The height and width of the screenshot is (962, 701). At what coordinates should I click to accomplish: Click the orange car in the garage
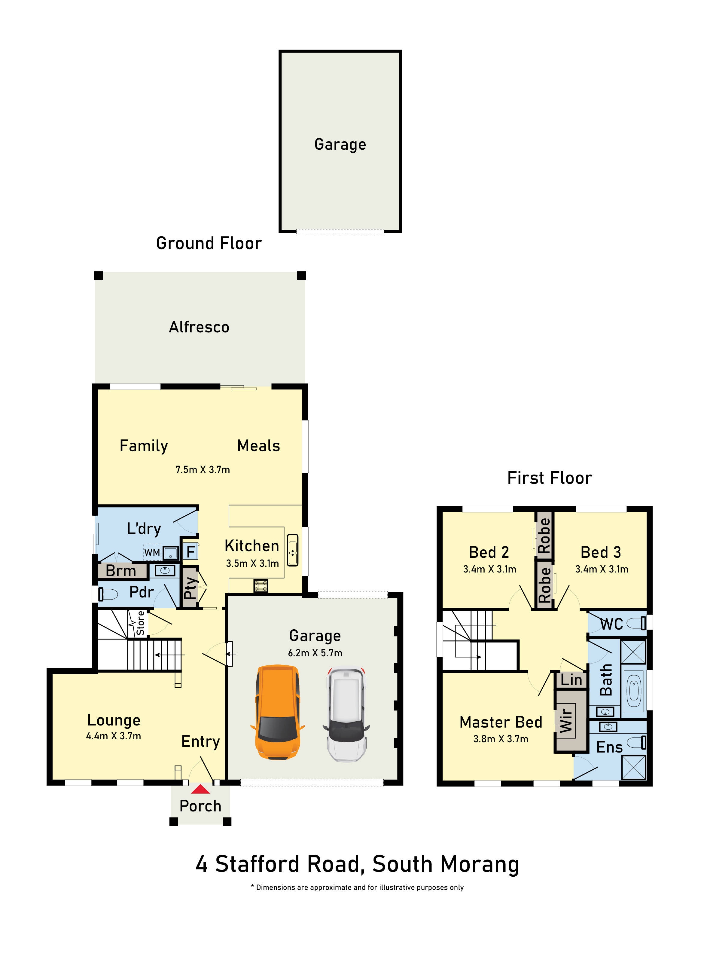pos(278,713)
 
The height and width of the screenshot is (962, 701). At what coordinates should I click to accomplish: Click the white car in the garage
pos(346,715)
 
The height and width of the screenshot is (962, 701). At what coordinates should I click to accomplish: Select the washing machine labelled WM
pos(152,552)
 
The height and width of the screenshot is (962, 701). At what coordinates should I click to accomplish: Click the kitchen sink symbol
pos(293,550)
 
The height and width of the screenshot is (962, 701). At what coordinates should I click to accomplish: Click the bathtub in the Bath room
pos(633,691)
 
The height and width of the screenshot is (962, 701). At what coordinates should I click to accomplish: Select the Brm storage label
pos(121,571)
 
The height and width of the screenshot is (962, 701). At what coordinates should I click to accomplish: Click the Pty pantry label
pos(190,588)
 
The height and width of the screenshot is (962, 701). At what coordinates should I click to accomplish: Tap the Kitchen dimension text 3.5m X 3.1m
pos(252,563)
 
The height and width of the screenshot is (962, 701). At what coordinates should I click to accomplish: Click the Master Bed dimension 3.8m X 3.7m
pos(501,739)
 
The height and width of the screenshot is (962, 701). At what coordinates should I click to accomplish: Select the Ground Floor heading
pos(209,243)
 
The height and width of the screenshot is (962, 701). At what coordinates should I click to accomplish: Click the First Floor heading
pos(550,478)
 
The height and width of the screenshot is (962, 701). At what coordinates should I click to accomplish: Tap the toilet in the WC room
pos(636,623)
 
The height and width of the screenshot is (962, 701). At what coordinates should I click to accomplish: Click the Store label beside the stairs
pos(140,623)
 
